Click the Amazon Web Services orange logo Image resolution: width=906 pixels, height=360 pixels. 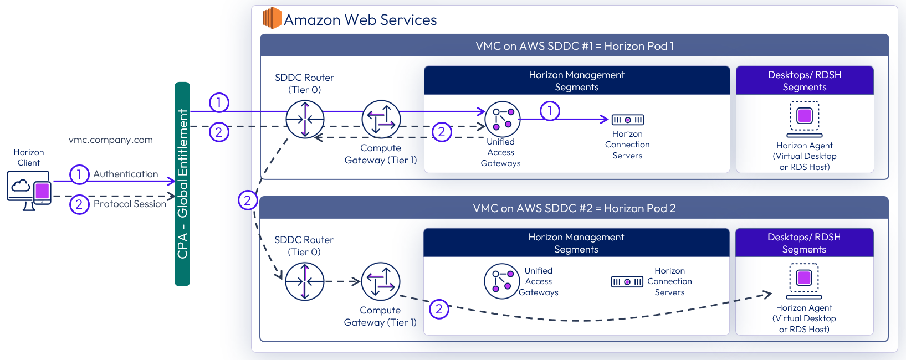[272, 18]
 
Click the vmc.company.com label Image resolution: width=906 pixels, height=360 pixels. [111, 140]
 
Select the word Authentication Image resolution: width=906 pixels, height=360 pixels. [126, 174]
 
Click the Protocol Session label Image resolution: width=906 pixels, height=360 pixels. [130, 204]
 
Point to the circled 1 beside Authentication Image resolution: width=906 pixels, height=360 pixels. [79, 174]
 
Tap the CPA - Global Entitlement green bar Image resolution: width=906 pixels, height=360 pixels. [182, 184]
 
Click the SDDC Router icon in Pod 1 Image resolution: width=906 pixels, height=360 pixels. [305, 119]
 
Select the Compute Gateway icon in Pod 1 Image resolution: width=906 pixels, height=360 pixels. [381, 119]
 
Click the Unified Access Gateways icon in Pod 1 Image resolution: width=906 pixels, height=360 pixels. [503, 119]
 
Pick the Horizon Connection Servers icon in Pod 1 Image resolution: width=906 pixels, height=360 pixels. [627, 120]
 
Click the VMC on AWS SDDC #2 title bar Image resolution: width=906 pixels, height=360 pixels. [574, 208]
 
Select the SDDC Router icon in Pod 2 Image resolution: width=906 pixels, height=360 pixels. [304, 281]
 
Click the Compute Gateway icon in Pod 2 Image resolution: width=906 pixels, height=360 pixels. [380, 281]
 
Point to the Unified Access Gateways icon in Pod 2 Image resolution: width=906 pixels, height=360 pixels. [501, 281]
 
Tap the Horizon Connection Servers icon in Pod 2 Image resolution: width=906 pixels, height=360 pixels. [627, 282]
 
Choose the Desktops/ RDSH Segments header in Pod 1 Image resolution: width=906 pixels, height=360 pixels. [805, 81]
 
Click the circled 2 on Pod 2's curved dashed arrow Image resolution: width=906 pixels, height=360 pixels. [439, 309]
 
